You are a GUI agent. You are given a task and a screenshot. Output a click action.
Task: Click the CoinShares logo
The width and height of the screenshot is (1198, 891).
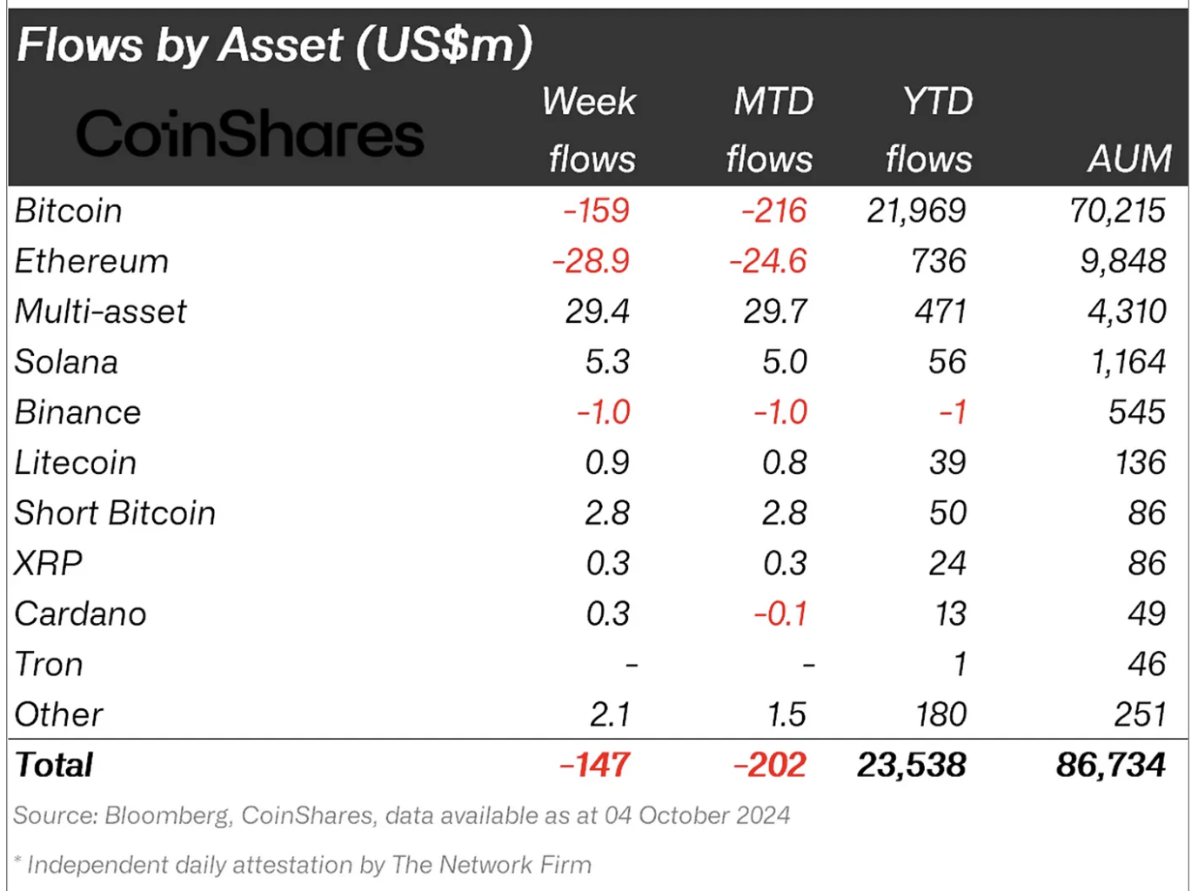coord(250,135)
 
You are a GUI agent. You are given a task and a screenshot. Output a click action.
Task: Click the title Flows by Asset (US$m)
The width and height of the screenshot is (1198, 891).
coord(274,45)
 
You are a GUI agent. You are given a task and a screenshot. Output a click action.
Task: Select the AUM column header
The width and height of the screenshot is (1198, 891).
coord(1128,159)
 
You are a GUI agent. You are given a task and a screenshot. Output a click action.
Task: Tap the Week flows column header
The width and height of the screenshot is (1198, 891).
coord(590,131)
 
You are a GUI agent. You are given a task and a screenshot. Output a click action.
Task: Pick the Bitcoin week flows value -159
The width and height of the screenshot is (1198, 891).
coord(596,211)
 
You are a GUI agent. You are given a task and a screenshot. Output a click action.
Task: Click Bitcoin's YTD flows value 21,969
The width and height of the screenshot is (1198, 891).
coord(916,211)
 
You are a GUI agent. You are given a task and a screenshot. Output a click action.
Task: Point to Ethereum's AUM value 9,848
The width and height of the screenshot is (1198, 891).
coord(1122,261)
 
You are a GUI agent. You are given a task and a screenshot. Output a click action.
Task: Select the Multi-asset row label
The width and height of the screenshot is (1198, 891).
coord(101,312)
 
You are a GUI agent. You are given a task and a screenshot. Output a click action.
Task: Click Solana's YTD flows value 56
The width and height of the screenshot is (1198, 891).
coord(947,362)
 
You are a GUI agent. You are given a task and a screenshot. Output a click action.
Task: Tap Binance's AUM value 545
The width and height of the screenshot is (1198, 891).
coord(1136,412)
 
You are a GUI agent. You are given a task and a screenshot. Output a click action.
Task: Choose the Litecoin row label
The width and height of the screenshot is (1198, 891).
coord(76,463)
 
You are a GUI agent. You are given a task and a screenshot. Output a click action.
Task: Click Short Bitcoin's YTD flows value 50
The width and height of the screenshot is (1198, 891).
coord(947,513)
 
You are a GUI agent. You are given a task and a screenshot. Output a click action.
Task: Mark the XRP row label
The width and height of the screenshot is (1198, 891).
coord(49,564)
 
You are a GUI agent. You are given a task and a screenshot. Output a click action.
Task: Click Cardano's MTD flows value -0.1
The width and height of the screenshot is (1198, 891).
coord(780,614)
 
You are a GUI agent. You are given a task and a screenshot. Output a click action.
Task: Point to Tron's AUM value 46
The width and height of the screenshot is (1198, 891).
coord(1146,665)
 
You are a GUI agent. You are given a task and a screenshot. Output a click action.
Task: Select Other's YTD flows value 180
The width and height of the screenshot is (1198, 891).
coord(940,715)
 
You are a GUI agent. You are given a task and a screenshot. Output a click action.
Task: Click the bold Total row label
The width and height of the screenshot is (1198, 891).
coord(54,766)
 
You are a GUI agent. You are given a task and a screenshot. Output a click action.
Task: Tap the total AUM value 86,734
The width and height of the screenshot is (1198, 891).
coord(1110,766)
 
